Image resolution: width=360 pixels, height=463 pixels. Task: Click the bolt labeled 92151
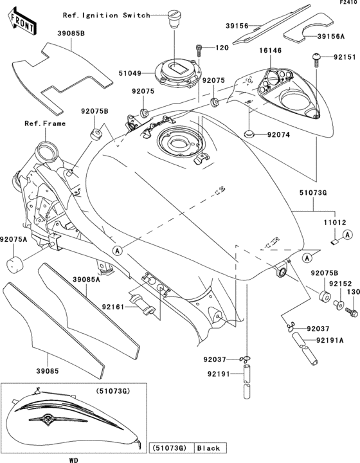(316, 59)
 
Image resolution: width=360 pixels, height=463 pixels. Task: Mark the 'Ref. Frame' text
(46, 123)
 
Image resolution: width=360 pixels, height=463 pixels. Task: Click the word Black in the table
(208, 448)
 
